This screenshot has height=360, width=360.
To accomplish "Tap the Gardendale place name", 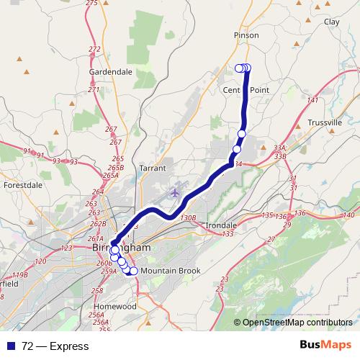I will coord(110,72).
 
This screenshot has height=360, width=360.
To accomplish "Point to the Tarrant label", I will coord(153,168).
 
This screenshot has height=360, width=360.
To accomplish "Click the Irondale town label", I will coord(221,225).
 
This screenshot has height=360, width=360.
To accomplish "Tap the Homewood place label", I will coord(116,306).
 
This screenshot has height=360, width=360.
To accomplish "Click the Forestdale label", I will coord(23,185).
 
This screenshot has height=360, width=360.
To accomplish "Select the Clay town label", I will coord(332,22).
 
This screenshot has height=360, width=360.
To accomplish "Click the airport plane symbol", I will coord(174,192).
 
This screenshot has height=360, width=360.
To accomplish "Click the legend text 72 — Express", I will coord(55,346).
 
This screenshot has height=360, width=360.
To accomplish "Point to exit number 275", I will coord(91,3).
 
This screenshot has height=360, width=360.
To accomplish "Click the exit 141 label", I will coord(312,99).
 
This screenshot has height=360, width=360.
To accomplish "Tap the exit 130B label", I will coord(189,217).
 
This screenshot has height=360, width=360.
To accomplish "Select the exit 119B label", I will coord(19,275).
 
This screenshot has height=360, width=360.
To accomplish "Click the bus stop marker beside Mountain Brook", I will coord(133,271).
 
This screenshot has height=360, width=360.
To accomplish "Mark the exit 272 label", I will coord(94,49).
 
